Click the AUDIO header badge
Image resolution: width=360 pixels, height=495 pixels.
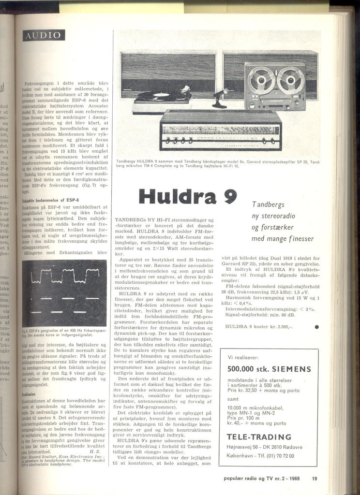[x=44, y=35]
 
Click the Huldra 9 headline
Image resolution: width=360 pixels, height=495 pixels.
[x=187, y=196]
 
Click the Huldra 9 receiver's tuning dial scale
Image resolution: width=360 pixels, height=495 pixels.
[x=220, y=131]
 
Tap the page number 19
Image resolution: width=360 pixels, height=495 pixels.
[x=315, y=479]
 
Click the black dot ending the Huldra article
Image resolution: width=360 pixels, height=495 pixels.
[x=316, y=327]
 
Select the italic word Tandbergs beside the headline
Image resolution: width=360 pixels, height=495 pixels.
[x=271, y=205]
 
